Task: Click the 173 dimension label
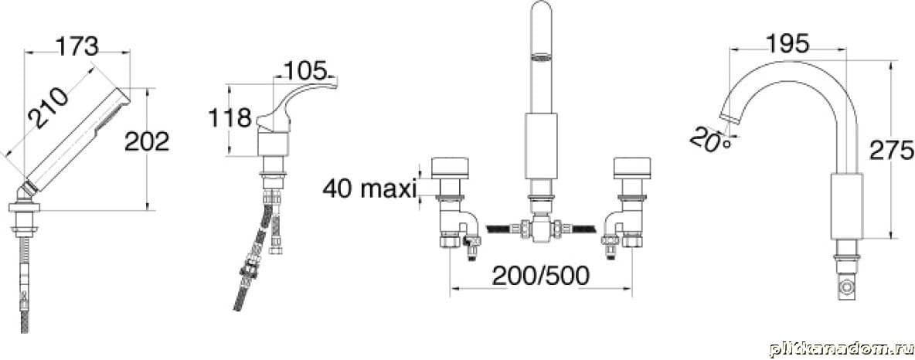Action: (77, 46)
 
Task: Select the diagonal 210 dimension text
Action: (49, 108)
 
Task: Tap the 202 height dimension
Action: (147, 142)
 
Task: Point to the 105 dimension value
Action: (304, 71)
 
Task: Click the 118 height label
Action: (230, 118)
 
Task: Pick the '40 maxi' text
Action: (369, 188)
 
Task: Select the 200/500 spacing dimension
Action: (540, 276)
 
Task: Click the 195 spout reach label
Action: (787, 44)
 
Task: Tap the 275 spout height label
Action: (891, 151)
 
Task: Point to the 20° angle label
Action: (709, 141)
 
